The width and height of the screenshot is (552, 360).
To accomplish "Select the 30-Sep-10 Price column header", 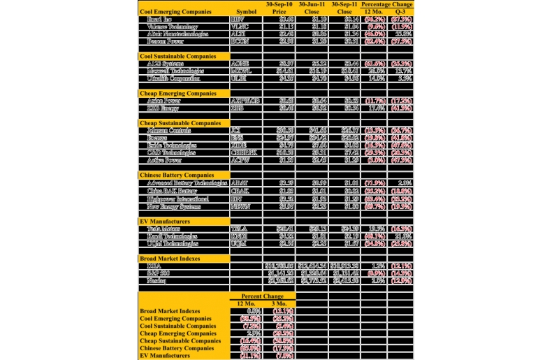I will (279, 8).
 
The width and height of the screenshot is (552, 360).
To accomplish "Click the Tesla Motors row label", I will (165, 229).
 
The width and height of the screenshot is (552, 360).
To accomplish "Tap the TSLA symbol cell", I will (239, 229).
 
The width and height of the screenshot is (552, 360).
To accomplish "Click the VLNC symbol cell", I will (239, 27).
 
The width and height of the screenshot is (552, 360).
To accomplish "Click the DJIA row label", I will (154, 266).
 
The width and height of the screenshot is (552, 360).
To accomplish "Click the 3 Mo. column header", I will (278, 303).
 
